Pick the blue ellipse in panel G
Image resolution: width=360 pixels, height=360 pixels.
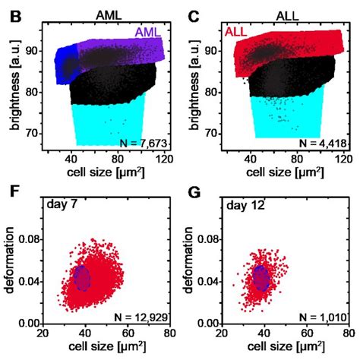[x=261, y=277]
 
